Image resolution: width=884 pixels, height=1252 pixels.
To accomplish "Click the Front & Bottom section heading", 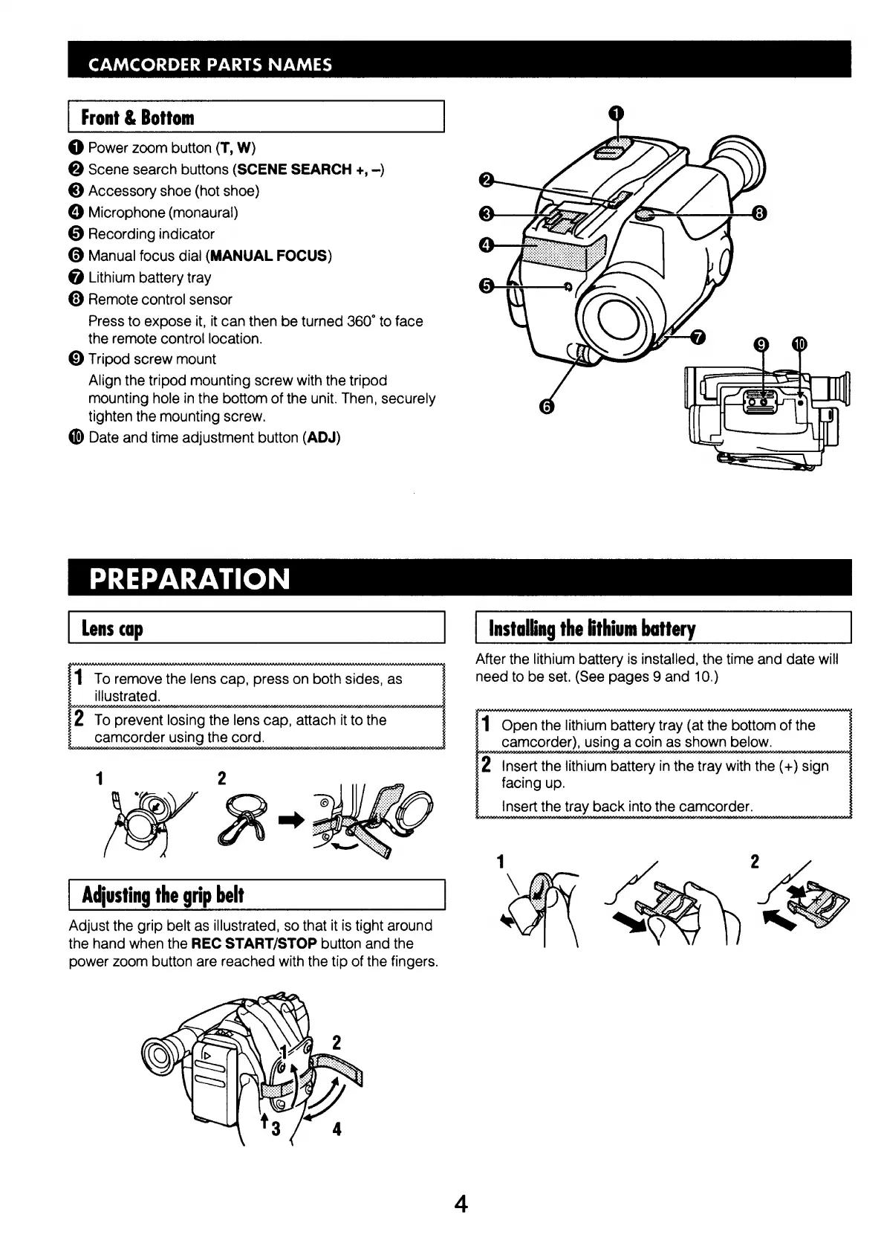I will [x=137, y=117].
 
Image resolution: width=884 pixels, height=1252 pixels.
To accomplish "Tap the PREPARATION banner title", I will [x=189, y=579].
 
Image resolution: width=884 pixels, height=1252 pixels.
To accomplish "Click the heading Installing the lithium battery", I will [x=591, y=629].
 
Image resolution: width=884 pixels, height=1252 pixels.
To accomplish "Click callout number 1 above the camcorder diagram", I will [x=617, y=113].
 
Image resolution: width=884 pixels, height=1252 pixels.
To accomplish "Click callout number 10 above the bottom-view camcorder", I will [x=799, y=343].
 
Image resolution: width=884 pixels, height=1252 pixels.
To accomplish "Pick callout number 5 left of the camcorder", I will [x=487, y=285].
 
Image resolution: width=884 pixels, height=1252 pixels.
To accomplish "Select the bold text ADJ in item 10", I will [x=321, y=437].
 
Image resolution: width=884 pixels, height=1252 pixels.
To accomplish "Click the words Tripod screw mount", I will [x=152, y=359].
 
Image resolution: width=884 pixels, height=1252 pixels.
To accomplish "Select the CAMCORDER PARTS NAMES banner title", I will [x=209, y=64].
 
